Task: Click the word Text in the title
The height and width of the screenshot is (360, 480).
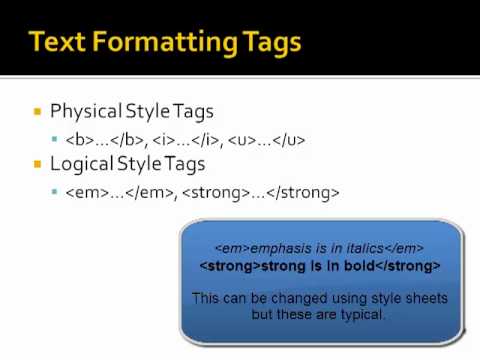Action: tap(57, 42)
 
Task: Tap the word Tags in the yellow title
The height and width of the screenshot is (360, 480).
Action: tap(272, 44)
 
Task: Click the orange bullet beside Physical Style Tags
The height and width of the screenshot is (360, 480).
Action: tap(37, 111)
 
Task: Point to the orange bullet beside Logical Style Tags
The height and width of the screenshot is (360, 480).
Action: tap(37, 164)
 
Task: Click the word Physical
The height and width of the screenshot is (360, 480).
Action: tap(86, 111)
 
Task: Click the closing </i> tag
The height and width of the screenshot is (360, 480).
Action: tap(205, 140)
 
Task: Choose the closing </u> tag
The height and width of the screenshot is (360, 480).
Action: tap(289, 140)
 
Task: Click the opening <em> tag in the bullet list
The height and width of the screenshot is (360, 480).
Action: tap(87, 193)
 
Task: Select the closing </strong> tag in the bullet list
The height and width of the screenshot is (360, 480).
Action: tap(303, 193)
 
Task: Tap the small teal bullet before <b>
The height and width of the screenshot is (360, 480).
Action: tap(55, 139)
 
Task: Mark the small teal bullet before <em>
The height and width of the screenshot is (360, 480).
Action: tap(55, 191)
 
